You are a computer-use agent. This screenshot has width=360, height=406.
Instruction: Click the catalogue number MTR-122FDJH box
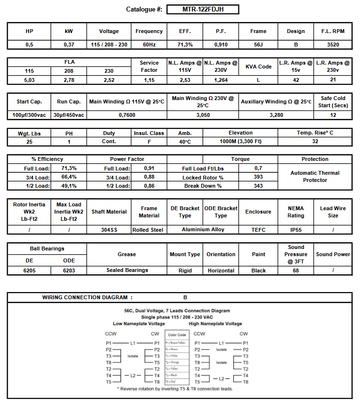point(202,10)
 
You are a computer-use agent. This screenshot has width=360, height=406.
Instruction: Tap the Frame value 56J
point(258,45)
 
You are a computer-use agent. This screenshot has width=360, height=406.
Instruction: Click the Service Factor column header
point(149,67)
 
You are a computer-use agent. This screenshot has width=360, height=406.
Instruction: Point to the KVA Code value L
point(258,80)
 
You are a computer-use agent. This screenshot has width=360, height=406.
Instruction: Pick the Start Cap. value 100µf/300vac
point(29,115)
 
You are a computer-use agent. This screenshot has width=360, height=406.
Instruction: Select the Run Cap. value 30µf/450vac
point(69,115)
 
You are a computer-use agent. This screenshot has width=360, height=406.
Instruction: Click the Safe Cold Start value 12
point(333,115)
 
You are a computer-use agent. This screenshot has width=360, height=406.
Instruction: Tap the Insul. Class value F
point(149,142)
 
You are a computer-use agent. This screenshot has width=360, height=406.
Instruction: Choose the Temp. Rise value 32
point(315,142)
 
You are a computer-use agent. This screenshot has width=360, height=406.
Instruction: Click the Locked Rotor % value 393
point(258,177)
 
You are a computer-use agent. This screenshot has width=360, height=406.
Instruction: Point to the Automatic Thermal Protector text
point(315,177)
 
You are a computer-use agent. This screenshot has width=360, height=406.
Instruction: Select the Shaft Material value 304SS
point(109,230)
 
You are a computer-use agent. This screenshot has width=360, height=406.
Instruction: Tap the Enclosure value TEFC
point(258,230)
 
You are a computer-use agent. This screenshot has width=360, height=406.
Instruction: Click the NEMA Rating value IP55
point(295,230)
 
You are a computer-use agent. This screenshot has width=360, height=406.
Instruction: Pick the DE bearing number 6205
point(29,271)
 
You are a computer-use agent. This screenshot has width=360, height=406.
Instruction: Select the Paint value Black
point(258,271)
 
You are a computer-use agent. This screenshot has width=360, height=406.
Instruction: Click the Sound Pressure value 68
point(295,271)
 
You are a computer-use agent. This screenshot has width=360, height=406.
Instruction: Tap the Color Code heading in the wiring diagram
point(177,335)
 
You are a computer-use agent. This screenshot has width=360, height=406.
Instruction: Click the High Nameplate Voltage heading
point(215,324)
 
